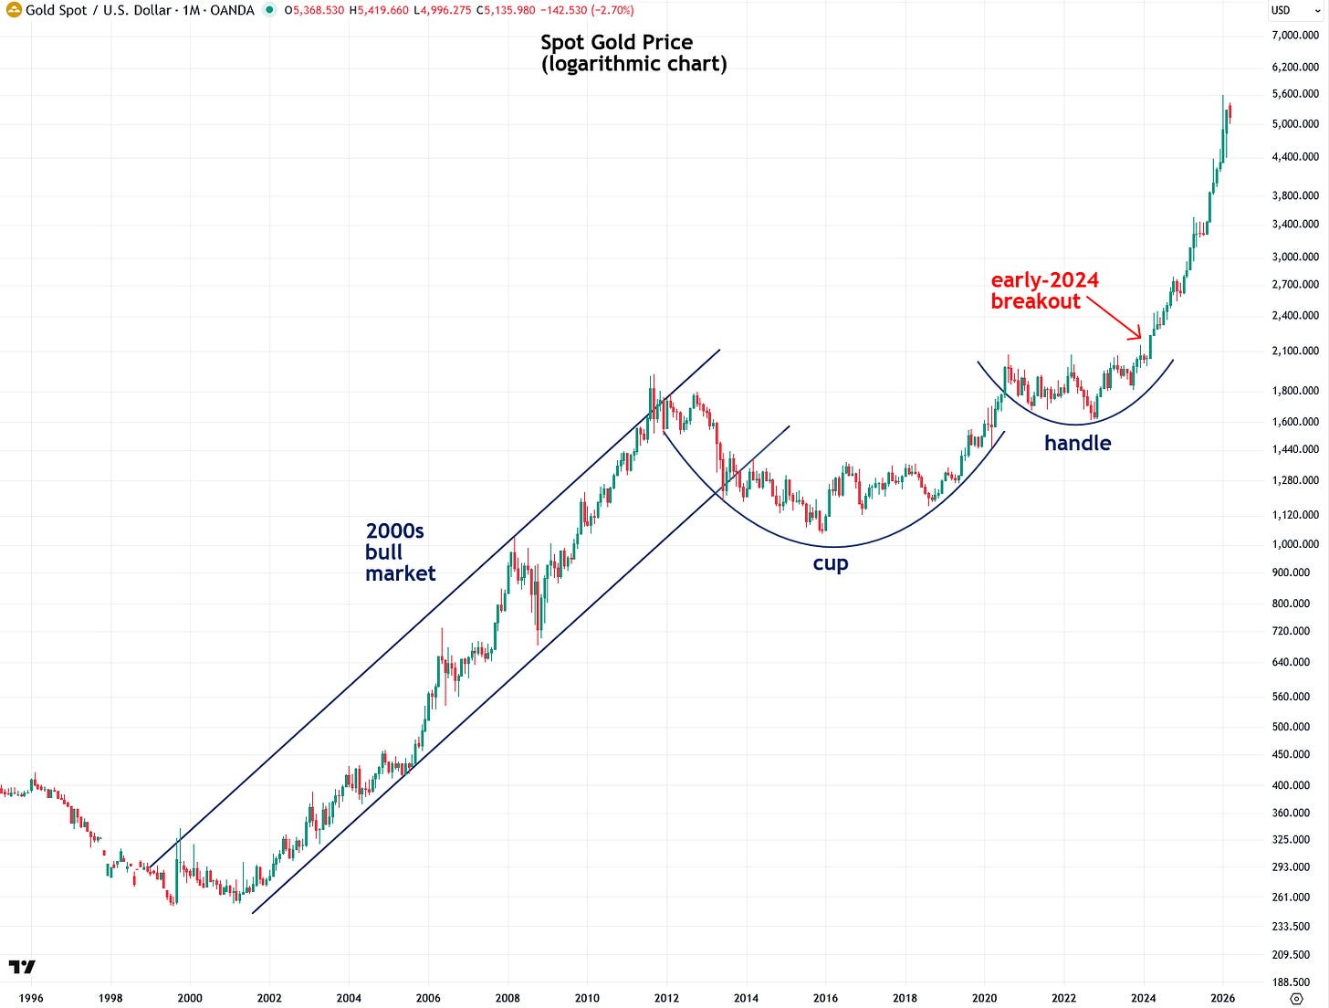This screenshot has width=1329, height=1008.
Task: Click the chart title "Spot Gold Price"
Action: click(616, 42)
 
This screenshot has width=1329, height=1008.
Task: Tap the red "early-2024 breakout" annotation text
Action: click(1044, 290)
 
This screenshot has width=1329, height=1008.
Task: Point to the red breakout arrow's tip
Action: click(1141, 338)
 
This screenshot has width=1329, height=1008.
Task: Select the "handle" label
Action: click(1078, 443)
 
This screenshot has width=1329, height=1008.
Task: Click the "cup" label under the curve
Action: click(830, 563)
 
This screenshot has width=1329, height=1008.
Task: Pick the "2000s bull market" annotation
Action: click(400, 552)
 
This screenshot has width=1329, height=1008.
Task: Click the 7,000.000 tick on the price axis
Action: click(1295, 35)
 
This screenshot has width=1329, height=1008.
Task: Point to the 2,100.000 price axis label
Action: click(1295, 351)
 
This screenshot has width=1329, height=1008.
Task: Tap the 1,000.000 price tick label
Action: click(1295, 543)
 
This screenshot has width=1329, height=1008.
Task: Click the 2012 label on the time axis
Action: click(666, 998)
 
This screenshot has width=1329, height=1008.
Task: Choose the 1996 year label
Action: click(31, 998)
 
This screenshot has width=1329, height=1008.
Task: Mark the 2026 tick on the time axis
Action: click(1222, 998)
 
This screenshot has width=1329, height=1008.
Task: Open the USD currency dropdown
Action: click(1294, 10)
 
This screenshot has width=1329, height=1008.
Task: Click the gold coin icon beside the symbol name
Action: click(14, 10)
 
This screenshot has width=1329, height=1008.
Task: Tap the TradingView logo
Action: click(23, 967)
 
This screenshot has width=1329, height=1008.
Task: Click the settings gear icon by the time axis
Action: click(1296, 998)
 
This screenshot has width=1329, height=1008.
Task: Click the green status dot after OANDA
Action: click(269, 10)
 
